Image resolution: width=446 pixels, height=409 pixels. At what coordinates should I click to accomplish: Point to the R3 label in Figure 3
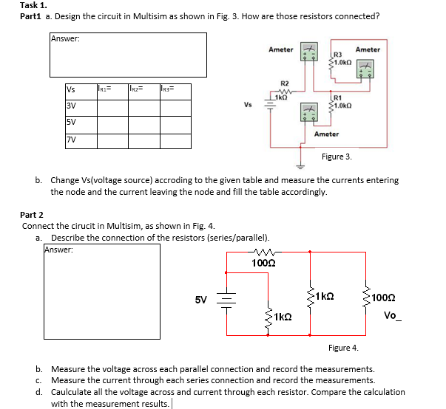pos(338,54)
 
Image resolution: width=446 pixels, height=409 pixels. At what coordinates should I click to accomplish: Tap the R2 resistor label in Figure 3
pos(285,83)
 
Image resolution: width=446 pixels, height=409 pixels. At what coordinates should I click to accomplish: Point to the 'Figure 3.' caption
pos(337,157)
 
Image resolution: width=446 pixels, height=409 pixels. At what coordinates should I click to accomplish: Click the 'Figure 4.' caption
pos(343,347)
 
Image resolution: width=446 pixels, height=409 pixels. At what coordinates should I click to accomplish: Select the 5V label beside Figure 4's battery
pos(201,300)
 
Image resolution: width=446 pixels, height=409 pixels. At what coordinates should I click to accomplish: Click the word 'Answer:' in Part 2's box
pos(59,250)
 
